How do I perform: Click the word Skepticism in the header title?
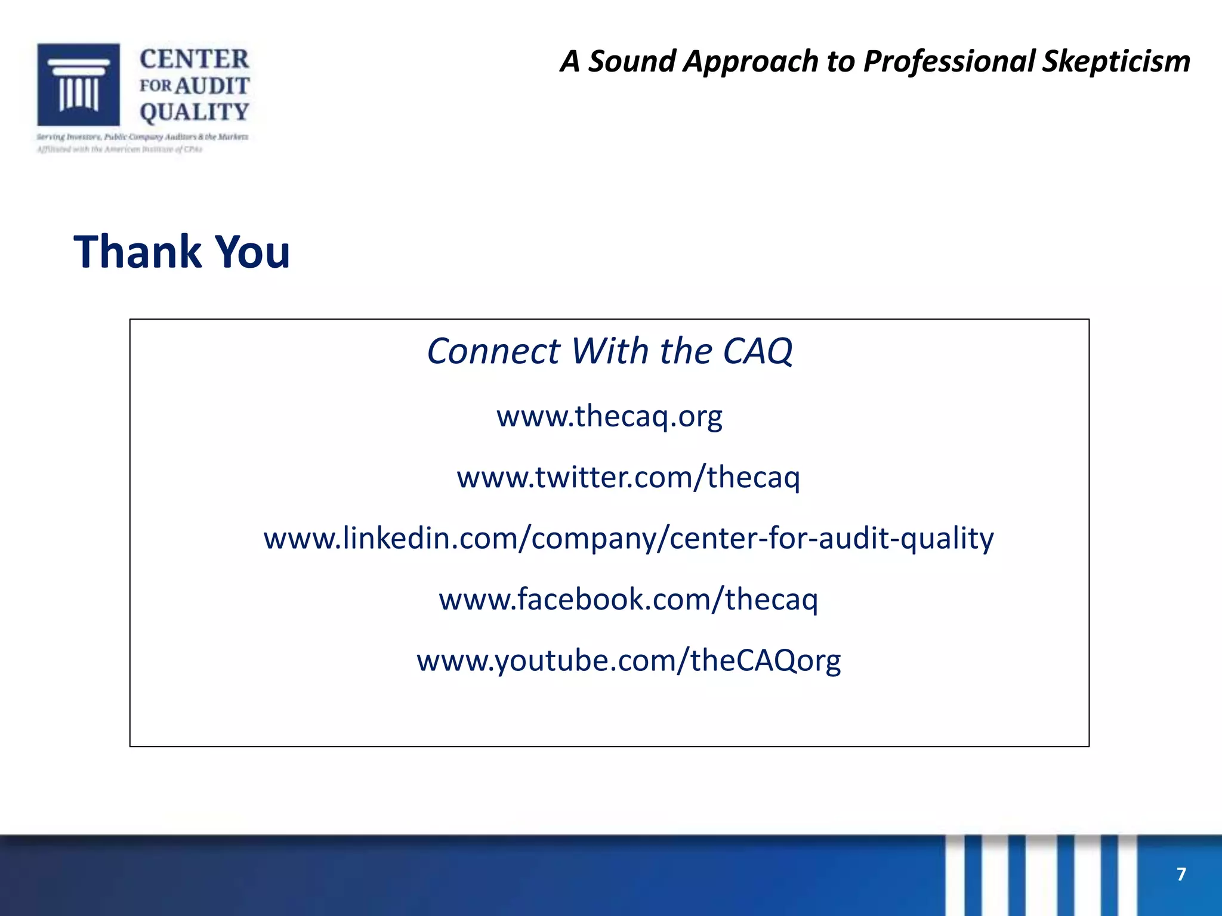click(1116, 62)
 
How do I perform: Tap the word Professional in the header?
click(949, 62)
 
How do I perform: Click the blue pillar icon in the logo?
click(79, 84)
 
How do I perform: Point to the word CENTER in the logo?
click(194, 59)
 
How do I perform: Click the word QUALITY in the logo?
click(194, 112)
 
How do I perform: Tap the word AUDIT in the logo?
click(212, 86)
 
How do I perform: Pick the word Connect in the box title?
click(493, 351)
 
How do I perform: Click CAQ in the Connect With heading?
click(757, 351)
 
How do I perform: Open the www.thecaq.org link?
click(609, 416)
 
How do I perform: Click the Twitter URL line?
click(628, 477)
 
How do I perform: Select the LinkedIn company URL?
click(628, 538)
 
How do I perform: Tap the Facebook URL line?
click(628, 599)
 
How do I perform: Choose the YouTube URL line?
click(628, 660)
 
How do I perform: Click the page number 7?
click(1181, 874)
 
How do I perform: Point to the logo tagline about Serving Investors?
click(142, 137)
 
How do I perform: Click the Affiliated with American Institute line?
click(119, 150)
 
